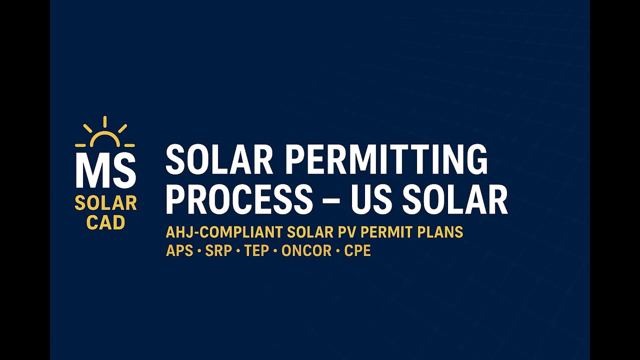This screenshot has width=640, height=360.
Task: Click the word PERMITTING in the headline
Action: pos(387,160)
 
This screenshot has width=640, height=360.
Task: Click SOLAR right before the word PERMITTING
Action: pos(219,160)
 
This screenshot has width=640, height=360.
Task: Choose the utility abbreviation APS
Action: pos(179,250)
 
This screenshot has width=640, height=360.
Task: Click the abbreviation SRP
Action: pos(218,250)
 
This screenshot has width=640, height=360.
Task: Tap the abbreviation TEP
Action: pos(257,250)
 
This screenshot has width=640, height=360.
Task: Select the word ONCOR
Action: pos(306,250)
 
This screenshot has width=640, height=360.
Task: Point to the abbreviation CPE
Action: pos(357,250)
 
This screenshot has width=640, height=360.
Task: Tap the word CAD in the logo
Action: pos(105,222)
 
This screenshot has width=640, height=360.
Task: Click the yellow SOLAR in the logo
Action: pos(105,203)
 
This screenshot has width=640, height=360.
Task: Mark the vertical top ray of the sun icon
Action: pos(105,122)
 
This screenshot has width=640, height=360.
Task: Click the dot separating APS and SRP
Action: pos(199,251)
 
